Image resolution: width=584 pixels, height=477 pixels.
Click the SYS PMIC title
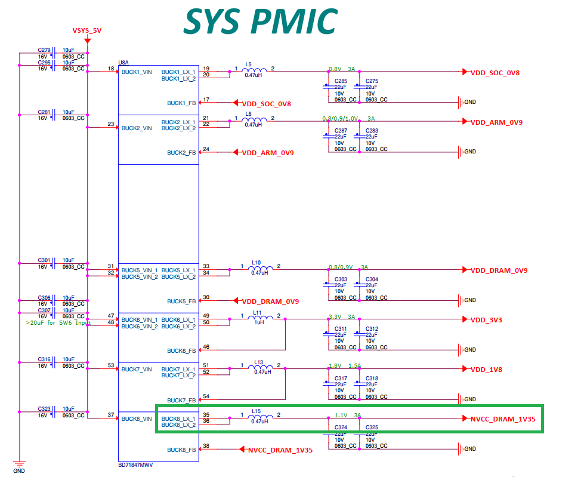(x=260, y=22)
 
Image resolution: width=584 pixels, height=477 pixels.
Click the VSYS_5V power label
(x=87, y=30)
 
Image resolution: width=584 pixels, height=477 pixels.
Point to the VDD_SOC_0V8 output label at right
(x=495, y=72)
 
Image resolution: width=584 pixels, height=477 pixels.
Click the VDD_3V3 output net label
(x=486, y=319)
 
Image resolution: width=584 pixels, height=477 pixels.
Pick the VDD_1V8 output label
(x=486, y=370)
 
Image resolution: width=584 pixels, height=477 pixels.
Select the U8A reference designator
(x=123, y=62)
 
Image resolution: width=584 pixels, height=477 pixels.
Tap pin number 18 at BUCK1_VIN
(x=111, y=69)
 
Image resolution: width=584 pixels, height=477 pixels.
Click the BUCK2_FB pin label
(x=181, y=152)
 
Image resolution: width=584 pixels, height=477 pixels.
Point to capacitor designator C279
(x=44, y=50)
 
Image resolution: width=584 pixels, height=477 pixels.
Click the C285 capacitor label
(x=341, y=81)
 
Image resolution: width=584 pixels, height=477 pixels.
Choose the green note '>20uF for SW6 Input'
(x=58, y=322)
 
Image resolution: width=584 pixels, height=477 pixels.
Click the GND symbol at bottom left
(x=19, y=465)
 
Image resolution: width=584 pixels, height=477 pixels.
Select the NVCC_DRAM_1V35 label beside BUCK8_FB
(x=280, y=450)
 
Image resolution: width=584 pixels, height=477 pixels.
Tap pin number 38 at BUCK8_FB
(x=206, y=447)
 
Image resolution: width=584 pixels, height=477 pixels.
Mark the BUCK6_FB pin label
(x=181, y=350)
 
